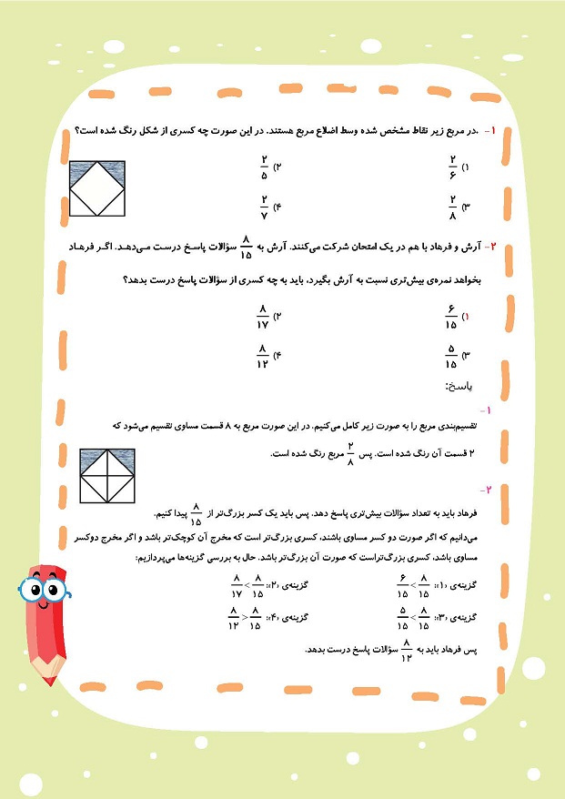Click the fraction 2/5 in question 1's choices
[263, 167]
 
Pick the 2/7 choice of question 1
[263, 207]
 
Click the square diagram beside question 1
[97, 189]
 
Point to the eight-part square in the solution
[106, 476]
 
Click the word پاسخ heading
[459, 386]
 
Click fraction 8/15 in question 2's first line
[245, 247]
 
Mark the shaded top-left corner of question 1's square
[79, 168]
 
